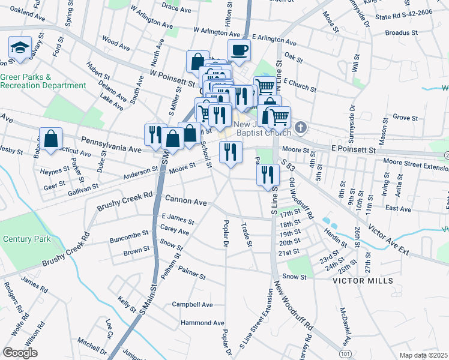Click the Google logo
click(x=20, y=353)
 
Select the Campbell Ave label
click(x=192, y=304)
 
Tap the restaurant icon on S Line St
click(x=268, y=175)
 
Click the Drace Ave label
click(x=176, y=10)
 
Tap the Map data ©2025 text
click(x=424, y=355)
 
